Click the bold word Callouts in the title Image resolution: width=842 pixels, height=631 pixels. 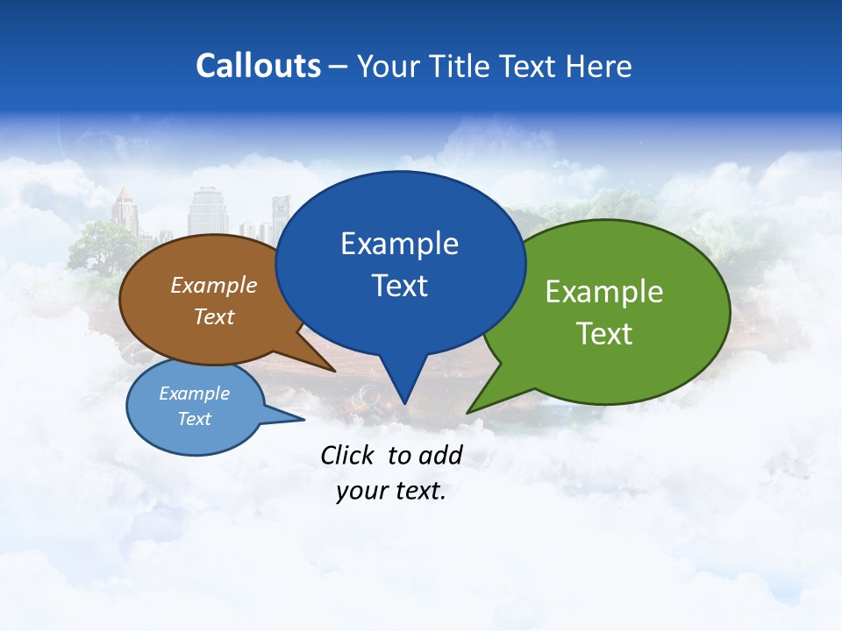coord(258,66)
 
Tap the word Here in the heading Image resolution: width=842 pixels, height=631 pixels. coord(598,67)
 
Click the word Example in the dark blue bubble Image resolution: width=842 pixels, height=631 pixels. coord(399,244)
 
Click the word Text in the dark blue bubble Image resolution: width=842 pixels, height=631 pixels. coord(399,286)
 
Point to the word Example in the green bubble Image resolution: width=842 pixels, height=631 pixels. coord(604,292)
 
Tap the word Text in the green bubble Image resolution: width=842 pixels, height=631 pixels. coord(604,334)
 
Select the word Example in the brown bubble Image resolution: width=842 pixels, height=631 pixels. coord(214,286)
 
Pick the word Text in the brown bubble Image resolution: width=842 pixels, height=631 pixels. coord(214,316)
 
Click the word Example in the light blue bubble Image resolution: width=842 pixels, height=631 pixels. coord(194,393)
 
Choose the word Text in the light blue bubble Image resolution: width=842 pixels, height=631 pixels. coord(194,419)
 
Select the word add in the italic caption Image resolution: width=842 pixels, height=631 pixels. coord(440,455)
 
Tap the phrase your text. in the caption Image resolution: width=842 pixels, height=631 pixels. coord(391,491)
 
